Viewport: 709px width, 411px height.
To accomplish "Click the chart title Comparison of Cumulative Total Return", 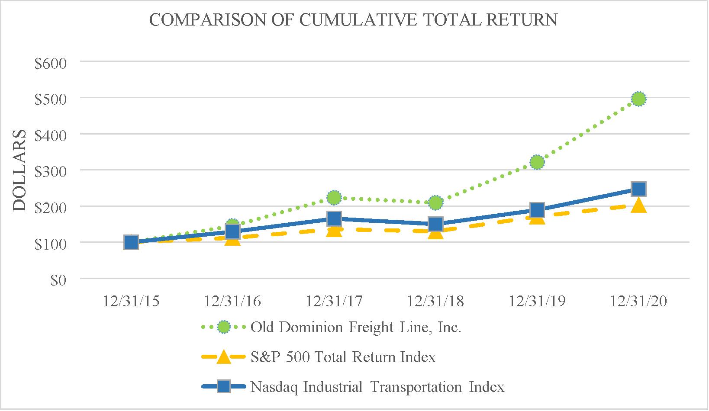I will coord(353,20).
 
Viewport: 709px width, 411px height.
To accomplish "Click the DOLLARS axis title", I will coord(19,170).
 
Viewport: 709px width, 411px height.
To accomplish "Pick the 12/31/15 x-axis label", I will coord(131,301).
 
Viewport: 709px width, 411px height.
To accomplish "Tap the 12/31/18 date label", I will coord(435,301).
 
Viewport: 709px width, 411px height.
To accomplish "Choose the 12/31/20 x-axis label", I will coord(638,301).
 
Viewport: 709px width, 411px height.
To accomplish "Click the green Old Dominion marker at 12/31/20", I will coord(638,99).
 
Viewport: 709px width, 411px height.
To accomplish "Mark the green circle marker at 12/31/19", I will coord(537,162).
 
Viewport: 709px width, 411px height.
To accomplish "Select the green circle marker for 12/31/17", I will coord(334,198).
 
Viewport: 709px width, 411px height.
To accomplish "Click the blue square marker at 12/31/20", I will coord(638,189).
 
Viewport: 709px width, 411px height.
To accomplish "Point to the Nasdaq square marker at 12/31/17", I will coord(334,218).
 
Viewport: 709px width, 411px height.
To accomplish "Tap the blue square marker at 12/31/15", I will coord(131,242).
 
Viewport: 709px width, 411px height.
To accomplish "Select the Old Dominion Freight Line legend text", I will coord(356,328).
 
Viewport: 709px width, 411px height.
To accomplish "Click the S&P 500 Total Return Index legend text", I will coord(343,357).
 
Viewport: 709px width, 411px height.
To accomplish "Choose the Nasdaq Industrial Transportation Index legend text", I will coord(377,387).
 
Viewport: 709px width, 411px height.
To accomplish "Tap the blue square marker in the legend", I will coord(223,386).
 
